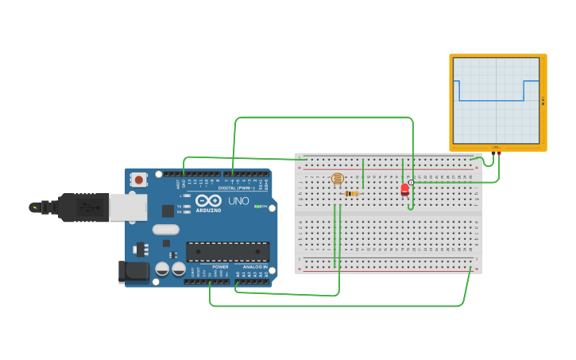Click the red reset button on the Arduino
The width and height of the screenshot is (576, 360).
[x=139, y=180]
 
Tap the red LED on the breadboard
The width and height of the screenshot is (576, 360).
[x=404, y=189]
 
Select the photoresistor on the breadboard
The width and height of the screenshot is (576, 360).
[x=338, y=179]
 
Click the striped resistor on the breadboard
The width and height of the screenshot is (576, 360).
[x=352, y=193]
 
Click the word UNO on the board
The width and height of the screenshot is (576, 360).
[x=238, y=201]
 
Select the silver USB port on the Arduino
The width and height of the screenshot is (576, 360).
[x=127, y=207]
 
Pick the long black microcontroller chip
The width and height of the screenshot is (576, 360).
[x=227, y=251]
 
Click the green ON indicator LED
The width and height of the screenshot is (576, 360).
[x=257, y=207]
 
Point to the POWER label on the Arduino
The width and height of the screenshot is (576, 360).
[x=220, y=267]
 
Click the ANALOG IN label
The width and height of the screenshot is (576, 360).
[x=254, y=267]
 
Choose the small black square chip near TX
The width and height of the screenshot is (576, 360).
[x=168, y=211]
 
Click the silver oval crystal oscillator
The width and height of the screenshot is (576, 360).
[x=166, y=230]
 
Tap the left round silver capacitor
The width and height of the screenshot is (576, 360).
[x=162, y=269]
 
